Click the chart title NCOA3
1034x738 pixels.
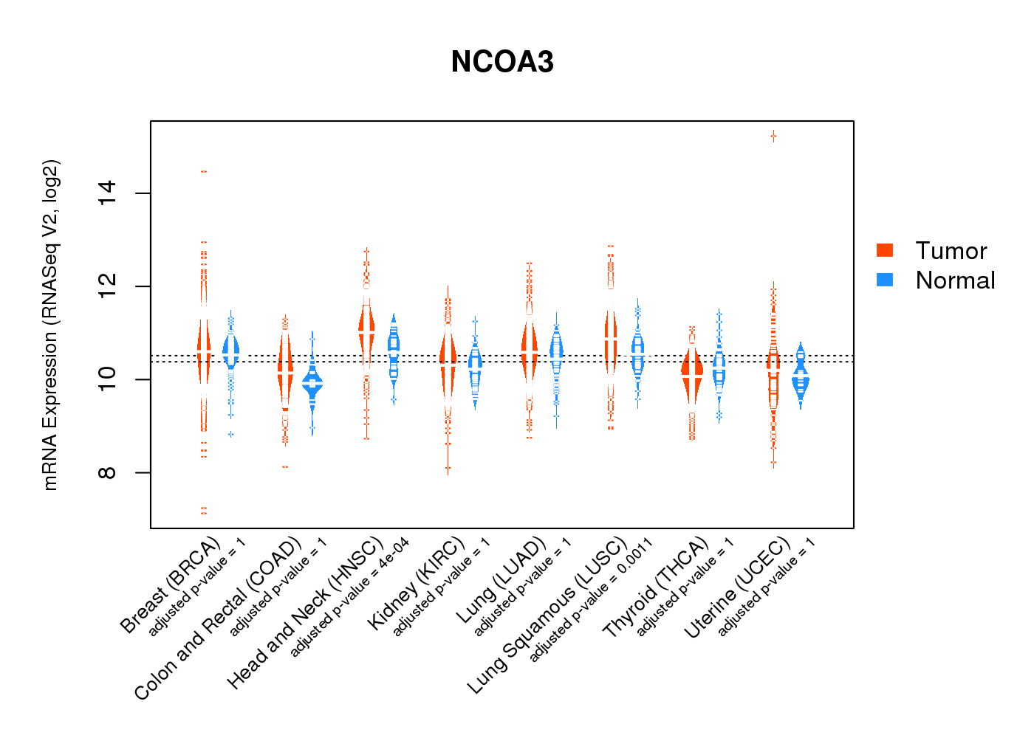pyautogui.click(x=502, y=62)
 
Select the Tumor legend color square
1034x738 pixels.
pyautogui.click(x=885, y=250)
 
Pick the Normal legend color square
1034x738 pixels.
pyautogui.click(x=885, y=280)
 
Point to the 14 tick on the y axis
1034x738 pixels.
pyautogui.click(x=108, y=193)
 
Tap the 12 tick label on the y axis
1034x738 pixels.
pyautogui.click(x=108, y=286)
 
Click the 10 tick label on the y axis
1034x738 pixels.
pyautogui.click(x=108, y=379)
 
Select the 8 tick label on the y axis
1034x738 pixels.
pyautogui.click(x=108, y=472)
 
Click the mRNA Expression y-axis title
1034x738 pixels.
pyautogui.click(x=50, y=325)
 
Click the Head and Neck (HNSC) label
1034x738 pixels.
pyautogui.click(x=305, y=613)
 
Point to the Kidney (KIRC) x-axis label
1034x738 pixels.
pyautogui.click(x=417, y=583)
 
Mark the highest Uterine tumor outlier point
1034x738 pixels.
pyautogui.click(x=773, y=136)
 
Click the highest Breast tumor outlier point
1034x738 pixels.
pyautogui.click(x=203, y=171)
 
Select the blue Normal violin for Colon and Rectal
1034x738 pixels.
pyautogui.click(x=312, y=384)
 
